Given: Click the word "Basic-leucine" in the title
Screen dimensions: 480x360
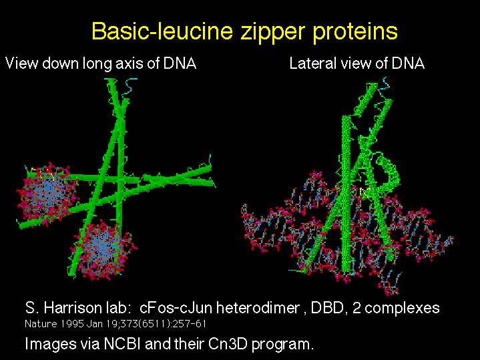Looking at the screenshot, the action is coord(163,31).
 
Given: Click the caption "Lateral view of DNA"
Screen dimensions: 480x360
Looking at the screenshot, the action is coord(357,63).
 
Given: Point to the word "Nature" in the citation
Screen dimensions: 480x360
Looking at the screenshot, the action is coord(41,324).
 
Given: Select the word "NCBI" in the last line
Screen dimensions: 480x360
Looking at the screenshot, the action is coord(122,343).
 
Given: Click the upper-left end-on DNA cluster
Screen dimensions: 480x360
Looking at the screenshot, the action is coord(47,194).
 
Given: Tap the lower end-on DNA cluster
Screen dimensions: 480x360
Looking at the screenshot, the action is coord(106,251).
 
